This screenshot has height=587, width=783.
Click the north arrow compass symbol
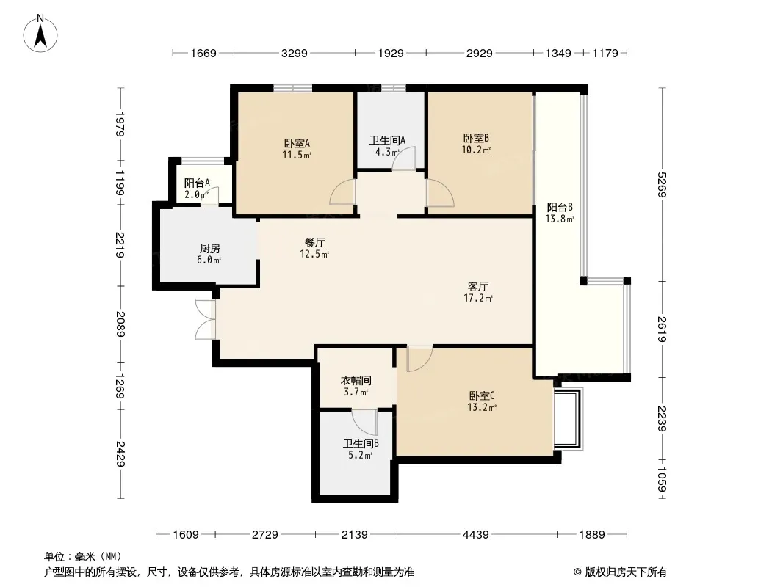[x=40, y=34]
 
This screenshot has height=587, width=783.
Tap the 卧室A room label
[x=297, y=144]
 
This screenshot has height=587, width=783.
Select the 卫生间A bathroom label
[x=387, y=140]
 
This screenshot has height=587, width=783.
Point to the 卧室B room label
[x=476, y=138]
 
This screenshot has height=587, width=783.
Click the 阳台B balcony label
[x=560, y=207]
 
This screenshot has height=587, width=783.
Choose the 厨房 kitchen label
[x=210, y=248]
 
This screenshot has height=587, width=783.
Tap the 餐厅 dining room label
[x=315, y=242]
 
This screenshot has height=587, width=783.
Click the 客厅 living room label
[x=478, y=286]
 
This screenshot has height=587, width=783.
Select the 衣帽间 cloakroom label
[x=356, y=381]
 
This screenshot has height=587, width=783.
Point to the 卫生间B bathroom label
[x=361, y=443]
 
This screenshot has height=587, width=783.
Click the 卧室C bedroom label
[x=482, y=396]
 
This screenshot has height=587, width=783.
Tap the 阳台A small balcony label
[x=197, y=183]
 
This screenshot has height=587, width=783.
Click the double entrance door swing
[x=205, y=320]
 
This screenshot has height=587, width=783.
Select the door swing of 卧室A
[x=342, y=192]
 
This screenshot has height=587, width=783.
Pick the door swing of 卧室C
[x=419, y=359]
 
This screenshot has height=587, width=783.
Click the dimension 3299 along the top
[x=294, y=53]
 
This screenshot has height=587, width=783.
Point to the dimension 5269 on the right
[x=662, y=184]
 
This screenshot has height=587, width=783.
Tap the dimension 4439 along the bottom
[x=475, y=535]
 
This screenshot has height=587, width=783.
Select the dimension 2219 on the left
[x=120, y=245]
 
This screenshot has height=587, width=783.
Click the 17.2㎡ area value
[x=478, y=298]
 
